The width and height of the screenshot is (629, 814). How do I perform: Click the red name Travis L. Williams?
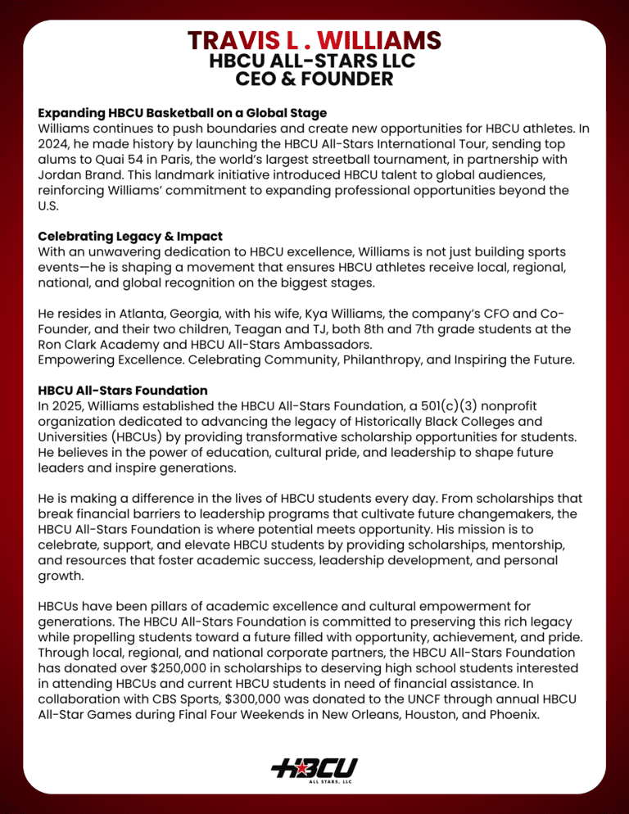pos(314,39)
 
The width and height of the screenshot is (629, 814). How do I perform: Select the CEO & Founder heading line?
pos(314,79)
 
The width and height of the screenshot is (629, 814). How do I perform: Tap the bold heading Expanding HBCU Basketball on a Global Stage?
pos(182,112)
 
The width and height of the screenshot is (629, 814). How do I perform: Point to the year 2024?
pos(55,144)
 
